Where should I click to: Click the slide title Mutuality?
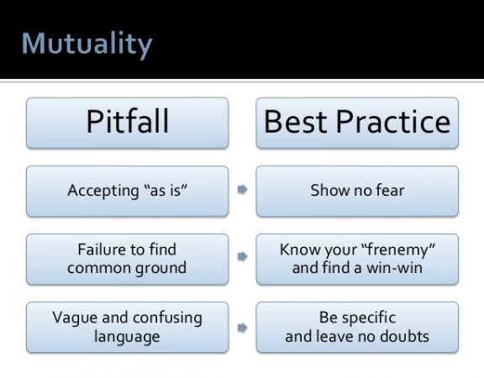pyautogui.click(x=87, y=45)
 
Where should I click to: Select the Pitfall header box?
pyautogui.click(x=128, y=123)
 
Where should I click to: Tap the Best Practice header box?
pyautogui.click(x=357, y=123)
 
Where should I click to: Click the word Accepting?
pyautogui.click(x=103, y=191)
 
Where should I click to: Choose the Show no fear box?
pyautogui.click(x=357, y=192)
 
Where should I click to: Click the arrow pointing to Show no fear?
pyautogui.click(x=242, y=190)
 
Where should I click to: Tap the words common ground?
pyautogui.click(x=127, y=268)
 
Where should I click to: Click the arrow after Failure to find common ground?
pyautogui.click(x=242, y=256)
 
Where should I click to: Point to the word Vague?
pyautogui.click(x=75, y=318)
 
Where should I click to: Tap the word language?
pyautogui.click(x=127, y=337)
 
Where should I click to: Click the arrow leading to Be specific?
pyautogui.click(x=242, y=328)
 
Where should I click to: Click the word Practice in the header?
pyautogui.click(x=393, y=122)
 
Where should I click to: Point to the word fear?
pyautogui.click(x=390, y=190)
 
